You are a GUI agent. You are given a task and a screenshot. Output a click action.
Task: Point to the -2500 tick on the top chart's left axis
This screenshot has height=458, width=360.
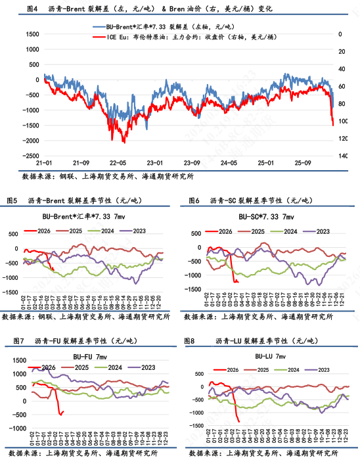click(x=28, y=156)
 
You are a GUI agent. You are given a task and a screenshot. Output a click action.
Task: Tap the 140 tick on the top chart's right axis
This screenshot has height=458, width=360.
click(x=342, y=156)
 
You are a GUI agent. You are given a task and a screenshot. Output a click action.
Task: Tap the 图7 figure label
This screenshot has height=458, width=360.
click(x=13, y=341)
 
